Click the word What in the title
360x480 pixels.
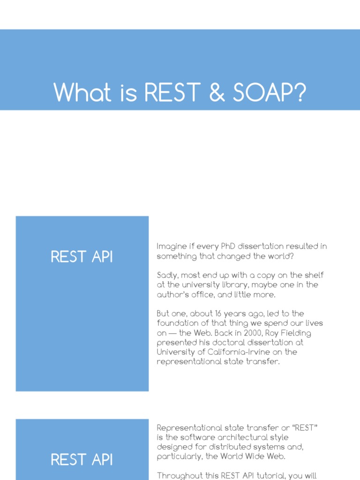[x=82, y=92]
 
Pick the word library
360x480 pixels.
[x=256, y=285]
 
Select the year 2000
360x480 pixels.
[x=253, y=333]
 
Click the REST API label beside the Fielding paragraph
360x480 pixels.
[x=82, y=257]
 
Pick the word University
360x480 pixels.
[x=174, y=352]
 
